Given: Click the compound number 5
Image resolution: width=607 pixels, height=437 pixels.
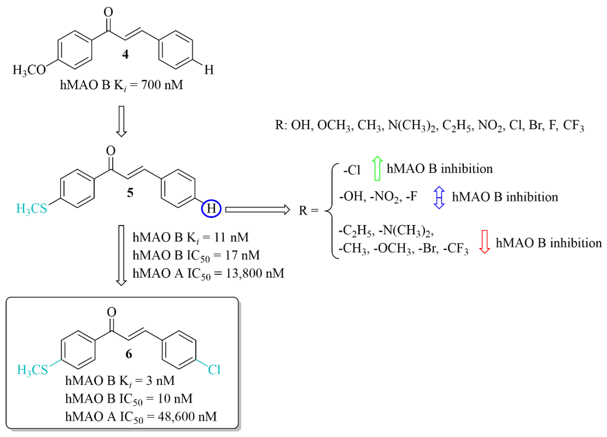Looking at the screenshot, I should tap(130, 193).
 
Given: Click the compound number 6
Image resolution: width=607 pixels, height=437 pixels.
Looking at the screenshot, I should tap(129, 354).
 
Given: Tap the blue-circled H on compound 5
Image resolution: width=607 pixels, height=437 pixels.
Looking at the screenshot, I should tap(211, 208).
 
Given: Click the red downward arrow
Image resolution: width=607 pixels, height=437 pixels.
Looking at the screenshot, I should tap(484, 242).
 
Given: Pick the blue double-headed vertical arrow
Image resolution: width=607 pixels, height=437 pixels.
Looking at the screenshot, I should tap(439, 197).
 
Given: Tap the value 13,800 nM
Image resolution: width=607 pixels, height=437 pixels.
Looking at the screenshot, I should tap(255, 273).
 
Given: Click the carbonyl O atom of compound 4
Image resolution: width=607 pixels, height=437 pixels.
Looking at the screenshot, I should tap(108, 12).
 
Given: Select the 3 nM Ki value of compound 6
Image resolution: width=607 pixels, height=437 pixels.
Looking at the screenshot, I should tap(160, 381).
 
